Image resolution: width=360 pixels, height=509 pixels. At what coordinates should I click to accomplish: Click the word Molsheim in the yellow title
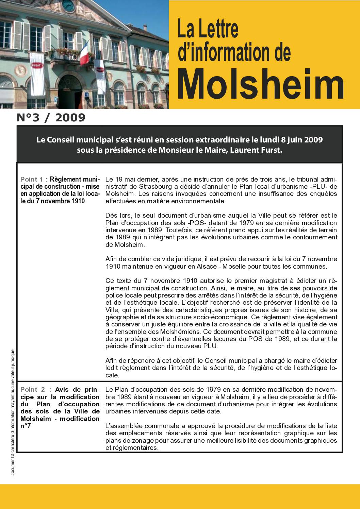261,82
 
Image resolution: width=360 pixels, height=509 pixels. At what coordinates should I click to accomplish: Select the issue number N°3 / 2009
51,118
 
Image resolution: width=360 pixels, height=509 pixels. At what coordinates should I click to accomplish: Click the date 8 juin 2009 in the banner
302,140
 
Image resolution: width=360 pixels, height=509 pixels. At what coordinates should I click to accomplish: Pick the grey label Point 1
32,179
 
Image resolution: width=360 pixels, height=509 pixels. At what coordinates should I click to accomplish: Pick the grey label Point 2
33,390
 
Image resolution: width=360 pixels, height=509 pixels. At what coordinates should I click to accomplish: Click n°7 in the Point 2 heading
26,426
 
